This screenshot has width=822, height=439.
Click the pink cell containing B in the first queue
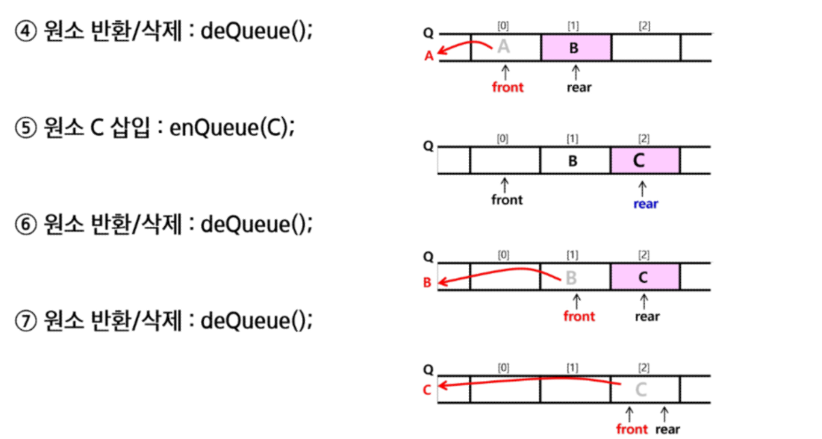click(575, 47)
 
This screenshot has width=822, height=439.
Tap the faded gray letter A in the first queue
click(504, 47)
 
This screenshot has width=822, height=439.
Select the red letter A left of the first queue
click(429, 55)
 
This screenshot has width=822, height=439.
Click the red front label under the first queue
click(507, 87)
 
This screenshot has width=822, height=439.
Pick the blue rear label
click(646, 204)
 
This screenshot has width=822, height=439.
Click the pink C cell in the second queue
click(645, 161)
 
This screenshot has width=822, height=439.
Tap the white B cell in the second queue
click(574, 161)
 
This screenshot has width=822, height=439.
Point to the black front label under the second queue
click(507, 200)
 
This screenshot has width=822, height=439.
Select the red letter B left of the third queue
click(428, 284)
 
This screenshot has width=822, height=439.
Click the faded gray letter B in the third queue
click(572, 277)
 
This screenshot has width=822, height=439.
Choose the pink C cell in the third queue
click(645, 277)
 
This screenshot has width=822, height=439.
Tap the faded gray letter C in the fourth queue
click(642, 388)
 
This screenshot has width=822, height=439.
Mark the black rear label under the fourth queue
click(668, 429)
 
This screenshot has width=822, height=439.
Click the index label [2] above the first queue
click(645, 25)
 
